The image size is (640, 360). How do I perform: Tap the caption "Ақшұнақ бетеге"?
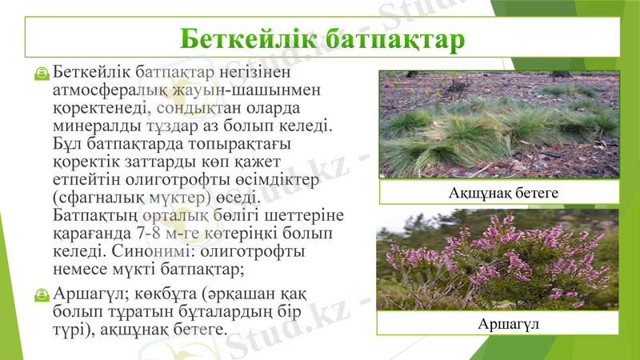tap(499, 193)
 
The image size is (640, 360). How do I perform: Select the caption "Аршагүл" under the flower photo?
tap(498, 323)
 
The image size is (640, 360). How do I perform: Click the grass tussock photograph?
tap(498, 124)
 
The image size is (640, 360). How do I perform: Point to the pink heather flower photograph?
tap(498, 259)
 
